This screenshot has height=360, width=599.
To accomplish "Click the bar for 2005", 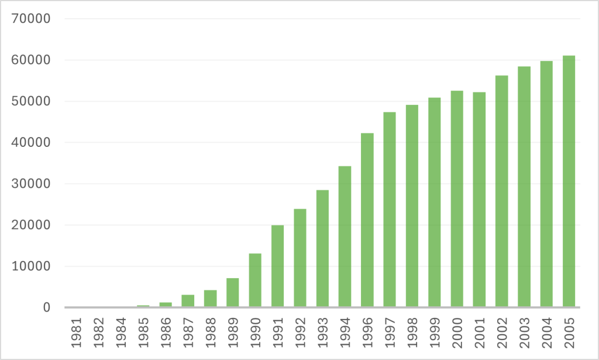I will [x=569, y=181].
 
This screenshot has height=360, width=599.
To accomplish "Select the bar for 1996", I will [x=367, y=220].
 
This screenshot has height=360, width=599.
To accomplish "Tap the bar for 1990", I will [x=255, y=280].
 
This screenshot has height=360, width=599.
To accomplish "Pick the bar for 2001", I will [x=479, y=200].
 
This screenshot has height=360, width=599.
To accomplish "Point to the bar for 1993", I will [x=322, y=249].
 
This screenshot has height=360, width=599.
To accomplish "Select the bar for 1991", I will [x=277, y=266].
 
